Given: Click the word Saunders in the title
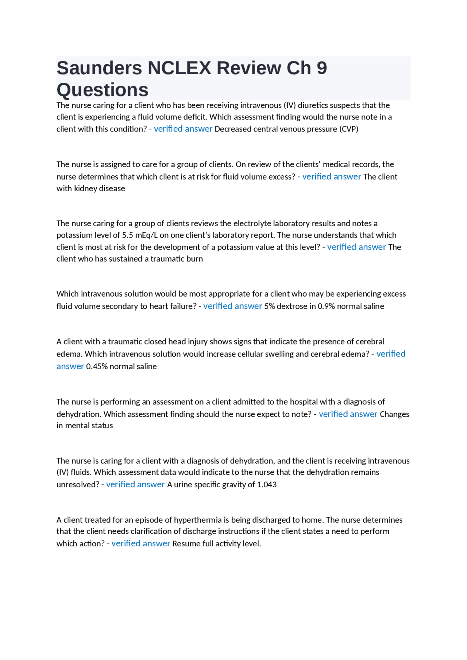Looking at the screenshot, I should [99, 68].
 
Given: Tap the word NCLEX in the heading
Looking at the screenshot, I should [179, 68].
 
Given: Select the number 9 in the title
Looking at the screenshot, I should [321, 68].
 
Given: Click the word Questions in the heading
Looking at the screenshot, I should [103, 90].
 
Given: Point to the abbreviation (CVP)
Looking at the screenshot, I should [349, 129].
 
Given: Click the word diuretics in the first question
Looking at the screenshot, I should [314, 105].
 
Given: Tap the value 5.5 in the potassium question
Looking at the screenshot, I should [128, 235].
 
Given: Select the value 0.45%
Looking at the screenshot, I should [97, 366].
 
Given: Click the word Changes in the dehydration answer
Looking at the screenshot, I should [394, 414].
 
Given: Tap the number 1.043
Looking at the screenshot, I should [267, 484].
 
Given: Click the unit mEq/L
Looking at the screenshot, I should [147, 235].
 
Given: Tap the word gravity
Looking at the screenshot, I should [242, 484].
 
